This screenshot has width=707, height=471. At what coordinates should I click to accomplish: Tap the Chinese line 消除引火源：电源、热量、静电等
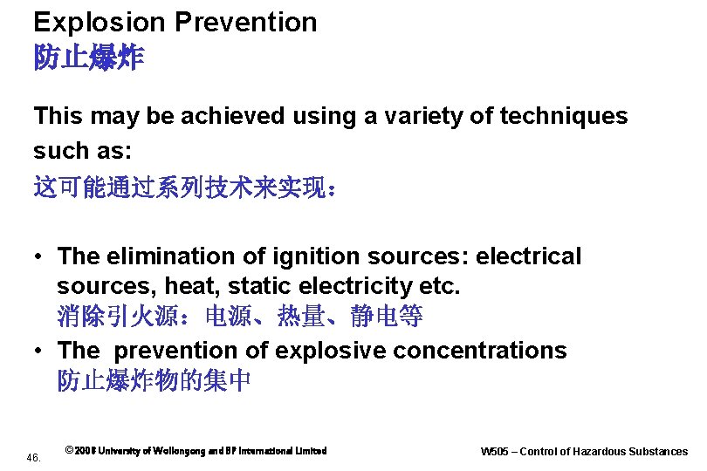pyautogui.click(x=240, y=317)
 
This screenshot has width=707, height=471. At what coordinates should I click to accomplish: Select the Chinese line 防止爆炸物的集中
pyautogui.click(x=154, y=381)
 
